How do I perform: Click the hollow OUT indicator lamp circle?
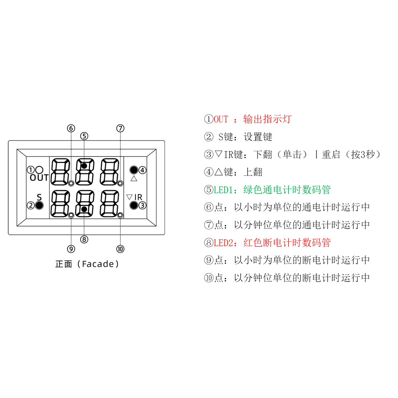pos(39,170)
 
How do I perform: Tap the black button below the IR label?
pos(134,205)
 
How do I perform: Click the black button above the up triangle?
pos(134,170)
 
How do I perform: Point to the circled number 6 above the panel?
pos(71,128)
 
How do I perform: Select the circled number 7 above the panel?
pos(120,128)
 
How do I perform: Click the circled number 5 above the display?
pos(84,136)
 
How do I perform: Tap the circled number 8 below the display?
pos(84,239)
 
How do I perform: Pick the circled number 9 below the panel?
pos(71,249)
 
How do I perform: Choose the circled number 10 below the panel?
pos(120,249)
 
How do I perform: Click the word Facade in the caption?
pos(98,264)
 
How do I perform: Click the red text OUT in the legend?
pos(221,119)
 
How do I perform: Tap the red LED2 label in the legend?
pos(224,243)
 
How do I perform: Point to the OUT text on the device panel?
pos(39,178)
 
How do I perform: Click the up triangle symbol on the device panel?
pos(134,178)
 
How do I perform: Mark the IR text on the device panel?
pos(139,197)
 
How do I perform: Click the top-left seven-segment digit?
pos(60,172)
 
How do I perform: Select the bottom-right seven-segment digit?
pos(110,203)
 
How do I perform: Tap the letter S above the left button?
pos(39,197)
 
